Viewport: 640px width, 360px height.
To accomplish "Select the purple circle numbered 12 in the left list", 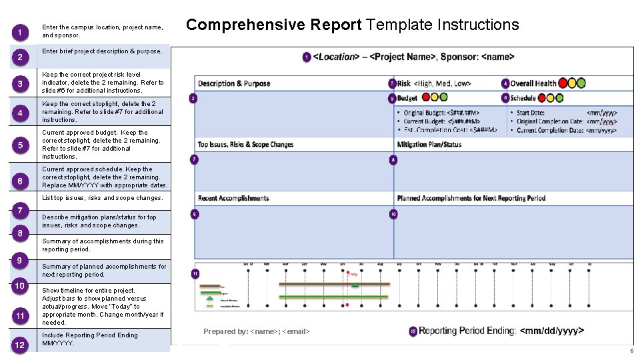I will point(21,344).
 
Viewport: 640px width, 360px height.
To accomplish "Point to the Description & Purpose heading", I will point(234,83).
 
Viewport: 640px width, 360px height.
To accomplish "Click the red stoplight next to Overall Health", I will point(563,83).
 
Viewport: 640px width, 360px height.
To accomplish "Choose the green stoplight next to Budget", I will point(443,98).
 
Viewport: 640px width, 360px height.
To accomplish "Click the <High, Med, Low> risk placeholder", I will point(443,83).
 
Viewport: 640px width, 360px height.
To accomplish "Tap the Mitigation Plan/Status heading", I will point(429,145).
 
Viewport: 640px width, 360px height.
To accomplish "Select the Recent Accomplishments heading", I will point(233,198).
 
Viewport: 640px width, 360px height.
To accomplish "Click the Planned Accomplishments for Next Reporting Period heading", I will point(471,198).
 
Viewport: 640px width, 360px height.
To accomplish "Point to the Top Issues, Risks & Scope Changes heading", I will point(245,145).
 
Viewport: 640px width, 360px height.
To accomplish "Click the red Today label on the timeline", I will point(353,274).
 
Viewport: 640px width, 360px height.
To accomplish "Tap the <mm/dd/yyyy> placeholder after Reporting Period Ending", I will point(551,331).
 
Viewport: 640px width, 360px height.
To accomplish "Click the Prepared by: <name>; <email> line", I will point(257,331).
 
